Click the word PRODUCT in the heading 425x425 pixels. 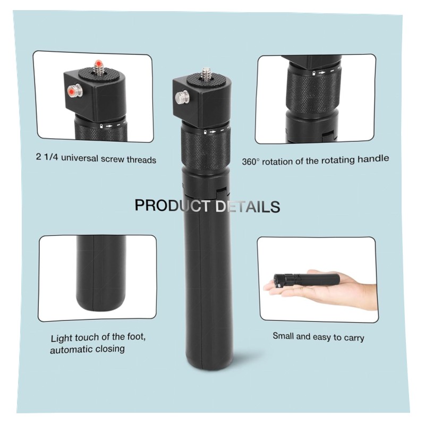(x=172, y=206)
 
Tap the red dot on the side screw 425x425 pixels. (x=72, y=91)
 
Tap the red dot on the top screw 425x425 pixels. (x=99, y=63)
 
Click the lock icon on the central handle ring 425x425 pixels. (x=205, y=132)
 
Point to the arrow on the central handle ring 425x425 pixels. (x=213, y=132)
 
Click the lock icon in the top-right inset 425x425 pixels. (x=313, y=73)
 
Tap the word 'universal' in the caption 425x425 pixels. (x=79, y=158)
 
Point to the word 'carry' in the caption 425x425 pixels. (x=354, y=338)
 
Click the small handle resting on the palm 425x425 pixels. (x=307, y=279)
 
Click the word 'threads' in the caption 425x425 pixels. (x=141, y=160)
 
